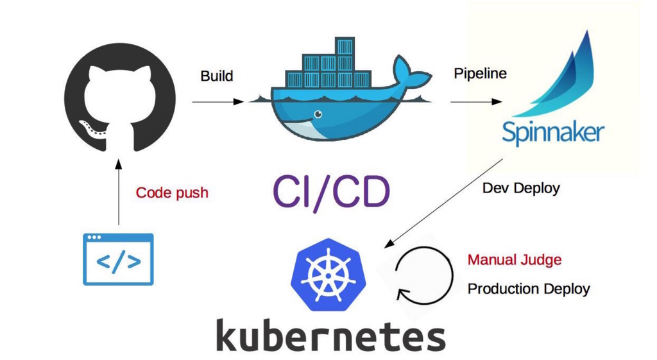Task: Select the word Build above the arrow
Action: coord(217,76)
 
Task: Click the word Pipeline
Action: coord(480,74)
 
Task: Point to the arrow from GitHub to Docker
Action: coord(218,101)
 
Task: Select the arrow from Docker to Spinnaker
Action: coord(475,101)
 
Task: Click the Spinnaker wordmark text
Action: coord(552,133)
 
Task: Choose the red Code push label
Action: coord(172,193)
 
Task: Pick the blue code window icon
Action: coord(119,259)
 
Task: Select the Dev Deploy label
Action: coord(521,189)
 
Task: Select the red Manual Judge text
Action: coord(515,260)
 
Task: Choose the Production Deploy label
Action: coord(528,289)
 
